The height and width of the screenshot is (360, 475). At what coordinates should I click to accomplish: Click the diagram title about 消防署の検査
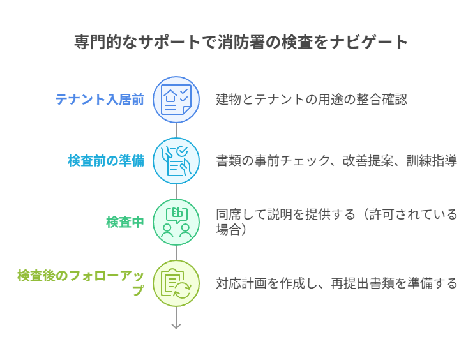click(241, 41)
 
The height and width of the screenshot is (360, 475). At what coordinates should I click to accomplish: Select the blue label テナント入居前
click(100, 100)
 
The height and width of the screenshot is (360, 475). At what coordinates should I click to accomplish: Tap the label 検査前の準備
click(106, 161)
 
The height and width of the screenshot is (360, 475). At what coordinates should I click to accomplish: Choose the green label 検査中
click(125, 222)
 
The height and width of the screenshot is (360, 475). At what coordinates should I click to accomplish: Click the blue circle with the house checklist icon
click(176, 100)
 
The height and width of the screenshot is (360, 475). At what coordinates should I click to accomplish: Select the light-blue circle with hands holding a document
click(176, 161)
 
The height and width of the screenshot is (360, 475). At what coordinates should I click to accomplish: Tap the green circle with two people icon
click(176, 222)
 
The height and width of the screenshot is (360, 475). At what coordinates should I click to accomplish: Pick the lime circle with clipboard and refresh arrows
click(176, 283)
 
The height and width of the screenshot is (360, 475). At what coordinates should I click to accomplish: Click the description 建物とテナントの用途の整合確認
click(312, 100)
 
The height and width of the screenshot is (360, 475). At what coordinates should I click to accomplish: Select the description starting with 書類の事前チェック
click(336, 161)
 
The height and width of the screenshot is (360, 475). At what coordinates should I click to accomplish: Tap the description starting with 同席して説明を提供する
click(336, 222)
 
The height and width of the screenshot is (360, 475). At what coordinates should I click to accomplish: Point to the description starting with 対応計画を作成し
click(336, 283)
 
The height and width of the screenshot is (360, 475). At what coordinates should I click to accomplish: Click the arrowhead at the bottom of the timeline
click(176, 326)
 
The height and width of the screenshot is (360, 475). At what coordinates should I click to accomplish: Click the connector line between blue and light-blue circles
click(176, 130)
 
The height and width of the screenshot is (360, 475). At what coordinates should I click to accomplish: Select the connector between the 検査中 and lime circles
click(176, 253)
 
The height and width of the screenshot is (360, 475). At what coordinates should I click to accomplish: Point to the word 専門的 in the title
click(98, 41)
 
